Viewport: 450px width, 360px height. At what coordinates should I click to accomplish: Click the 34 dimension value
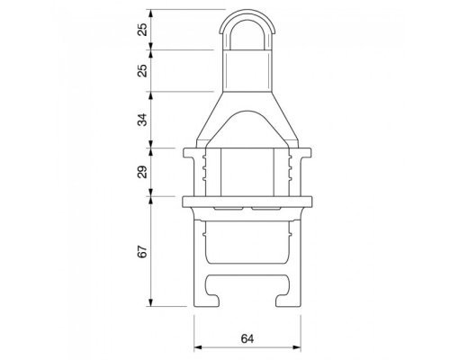click(144, 120)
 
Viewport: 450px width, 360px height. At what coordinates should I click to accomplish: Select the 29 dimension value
click(144, 172)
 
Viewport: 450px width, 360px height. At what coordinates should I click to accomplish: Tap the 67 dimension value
click(144, 251)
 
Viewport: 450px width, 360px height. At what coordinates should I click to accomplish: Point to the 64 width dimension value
click(247, 338)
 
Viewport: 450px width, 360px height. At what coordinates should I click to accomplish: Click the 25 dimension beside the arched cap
click(144, 30)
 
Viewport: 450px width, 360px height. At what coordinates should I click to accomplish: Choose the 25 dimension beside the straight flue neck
click(144, 70)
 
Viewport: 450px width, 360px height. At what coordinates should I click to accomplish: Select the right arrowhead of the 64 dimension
click(297, 347)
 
